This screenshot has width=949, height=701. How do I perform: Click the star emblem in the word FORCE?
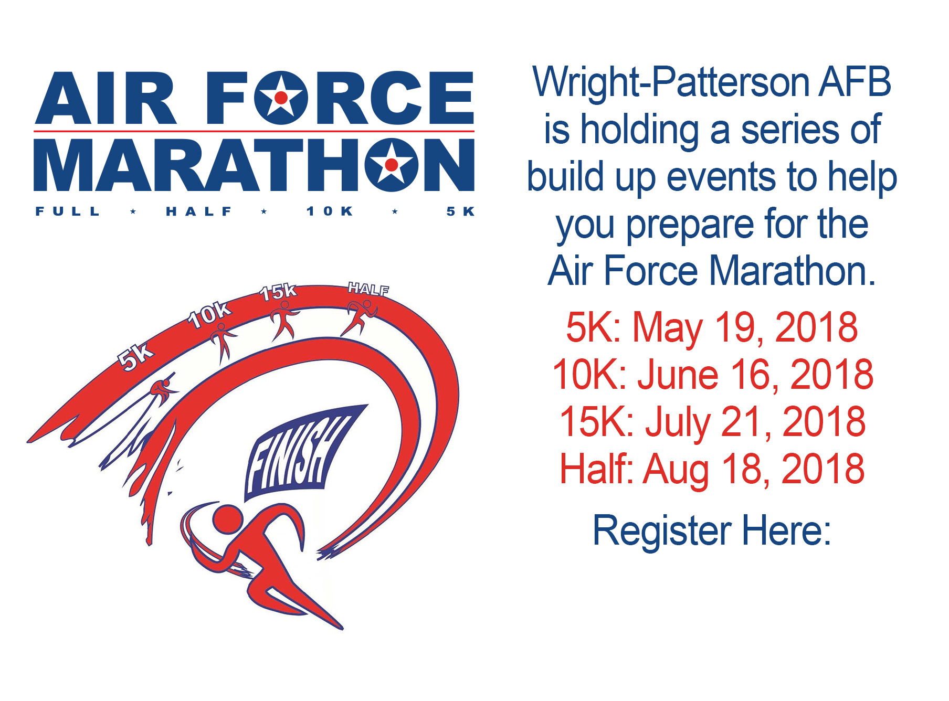coord(281,98)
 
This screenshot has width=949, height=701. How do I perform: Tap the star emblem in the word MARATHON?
coord(392,165)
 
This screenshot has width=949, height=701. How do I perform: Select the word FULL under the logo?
coord(67,211)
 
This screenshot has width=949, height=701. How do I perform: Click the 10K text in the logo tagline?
coord(330,211)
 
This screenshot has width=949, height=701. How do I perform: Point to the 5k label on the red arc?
coord(135,357)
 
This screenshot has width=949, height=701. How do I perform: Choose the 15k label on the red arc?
coord(279,292)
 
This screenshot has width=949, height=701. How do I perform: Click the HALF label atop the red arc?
coord(368,289)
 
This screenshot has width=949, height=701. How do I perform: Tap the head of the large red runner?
coord(227,519)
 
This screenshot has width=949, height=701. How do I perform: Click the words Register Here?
coord(712,531)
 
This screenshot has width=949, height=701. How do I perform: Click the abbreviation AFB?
coord(847,82)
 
